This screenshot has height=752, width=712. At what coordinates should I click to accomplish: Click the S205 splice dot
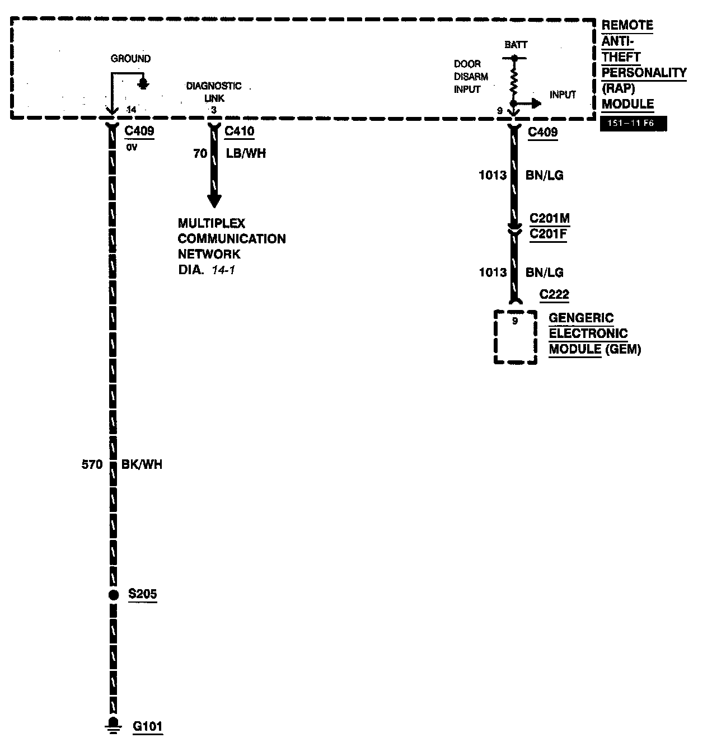pyautogui.click(x=114, y=595)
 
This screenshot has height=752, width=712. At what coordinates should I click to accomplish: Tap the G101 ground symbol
pyautogui.click(x=114, y=725)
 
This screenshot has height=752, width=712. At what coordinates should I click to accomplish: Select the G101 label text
pyautogui.click(x=148, y=726)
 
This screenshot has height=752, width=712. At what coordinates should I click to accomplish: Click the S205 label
pyautogui.click(x=142, y=594)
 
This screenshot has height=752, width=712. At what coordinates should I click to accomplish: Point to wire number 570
pyautogui.click(x=92, y=464)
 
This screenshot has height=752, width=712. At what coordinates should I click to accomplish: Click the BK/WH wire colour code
pyautogui.click(x=142, y=464)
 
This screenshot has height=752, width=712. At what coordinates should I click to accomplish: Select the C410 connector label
pyautogui.click(x=239, y=132)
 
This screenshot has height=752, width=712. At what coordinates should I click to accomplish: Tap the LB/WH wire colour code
pyautogui.click(x=246, y=153)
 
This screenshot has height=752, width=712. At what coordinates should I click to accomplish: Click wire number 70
pyautogui.click(x=200, y=153)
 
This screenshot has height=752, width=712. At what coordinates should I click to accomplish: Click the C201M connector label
pyautogui.click(x=550, y=218)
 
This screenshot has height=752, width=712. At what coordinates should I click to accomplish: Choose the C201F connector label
pyautogui.click(x=548, y=233)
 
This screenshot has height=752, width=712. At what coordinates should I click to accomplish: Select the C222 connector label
pyautogui.click(x=554, y=295)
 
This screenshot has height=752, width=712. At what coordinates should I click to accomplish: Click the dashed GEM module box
pyautogui.click(x=515, y=337)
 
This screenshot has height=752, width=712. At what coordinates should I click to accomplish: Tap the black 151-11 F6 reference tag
pyautogui.click(x=633, y=124)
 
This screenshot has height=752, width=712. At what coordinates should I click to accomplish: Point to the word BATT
pyautogui.click(x=516, y=45)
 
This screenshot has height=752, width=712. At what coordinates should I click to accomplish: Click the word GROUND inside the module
pyautogui.click(x=130, y=59)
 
